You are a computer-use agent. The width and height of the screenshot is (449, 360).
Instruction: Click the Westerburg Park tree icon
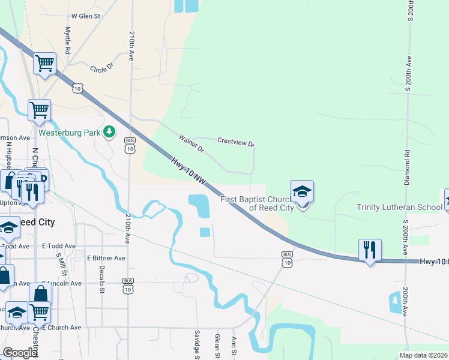coord(109,131)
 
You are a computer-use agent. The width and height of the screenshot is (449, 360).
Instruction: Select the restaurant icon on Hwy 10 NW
coord(370,249)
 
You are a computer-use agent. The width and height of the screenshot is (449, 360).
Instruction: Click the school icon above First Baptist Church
coord(302,191)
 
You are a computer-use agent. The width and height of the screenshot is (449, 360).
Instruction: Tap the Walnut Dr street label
coord(191,143)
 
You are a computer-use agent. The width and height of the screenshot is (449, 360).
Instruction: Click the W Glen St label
coord(85,16)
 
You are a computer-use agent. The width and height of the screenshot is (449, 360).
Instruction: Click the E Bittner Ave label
coord(106,258)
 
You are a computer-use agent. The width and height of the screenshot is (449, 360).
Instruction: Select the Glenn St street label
coord(218,346)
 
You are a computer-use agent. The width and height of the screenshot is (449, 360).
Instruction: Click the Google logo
coord(20,353)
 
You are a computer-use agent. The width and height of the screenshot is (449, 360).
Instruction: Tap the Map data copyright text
coord(423,355)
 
